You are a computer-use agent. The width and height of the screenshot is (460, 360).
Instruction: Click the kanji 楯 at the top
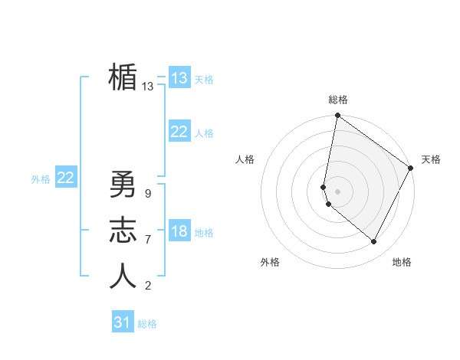click(123, 78)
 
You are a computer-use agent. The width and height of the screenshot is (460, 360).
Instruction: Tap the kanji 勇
click(123, 185)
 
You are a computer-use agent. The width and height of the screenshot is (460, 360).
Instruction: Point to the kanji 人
click(123, 276)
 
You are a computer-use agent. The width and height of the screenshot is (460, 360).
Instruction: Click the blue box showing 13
click(179, 77)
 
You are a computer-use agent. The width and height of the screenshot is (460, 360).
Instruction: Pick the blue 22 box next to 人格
click(179, 132)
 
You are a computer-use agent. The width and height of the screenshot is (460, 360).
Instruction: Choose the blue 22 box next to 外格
click(66, 178)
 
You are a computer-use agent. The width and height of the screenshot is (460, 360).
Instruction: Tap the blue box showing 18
click(179, 231)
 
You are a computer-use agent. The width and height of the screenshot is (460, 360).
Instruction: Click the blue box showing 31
click(123, 322)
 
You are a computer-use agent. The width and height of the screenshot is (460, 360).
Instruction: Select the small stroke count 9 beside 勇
click(147, 194)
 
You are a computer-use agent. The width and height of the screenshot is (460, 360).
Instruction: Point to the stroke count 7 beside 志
click(147, 240)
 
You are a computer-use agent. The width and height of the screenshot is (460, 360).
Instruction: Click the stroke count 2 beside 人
click(147, 286)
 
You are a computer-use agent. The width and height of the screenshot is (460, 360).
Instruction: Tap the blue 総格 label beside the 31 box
click(147, 324)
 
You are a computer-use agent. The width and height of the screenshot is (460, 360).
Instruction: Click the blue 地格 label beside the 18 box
click(205, 233)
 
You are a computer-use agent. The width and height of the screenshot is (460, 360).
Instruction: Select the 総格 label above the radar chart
click(338, 100)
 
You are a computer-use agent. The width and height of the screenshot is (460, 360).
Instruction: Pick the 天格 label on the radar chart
click(431, 159)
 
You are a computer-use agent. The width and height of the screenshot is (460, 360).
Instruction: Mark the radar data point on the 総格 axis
click(337, 116)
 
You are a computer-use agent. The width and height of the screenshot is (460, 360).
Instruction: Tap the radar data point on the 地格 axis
click(373, 242)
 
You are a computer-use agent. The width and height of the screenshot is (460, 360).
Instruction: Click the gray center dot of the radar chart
click(337, 191)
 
